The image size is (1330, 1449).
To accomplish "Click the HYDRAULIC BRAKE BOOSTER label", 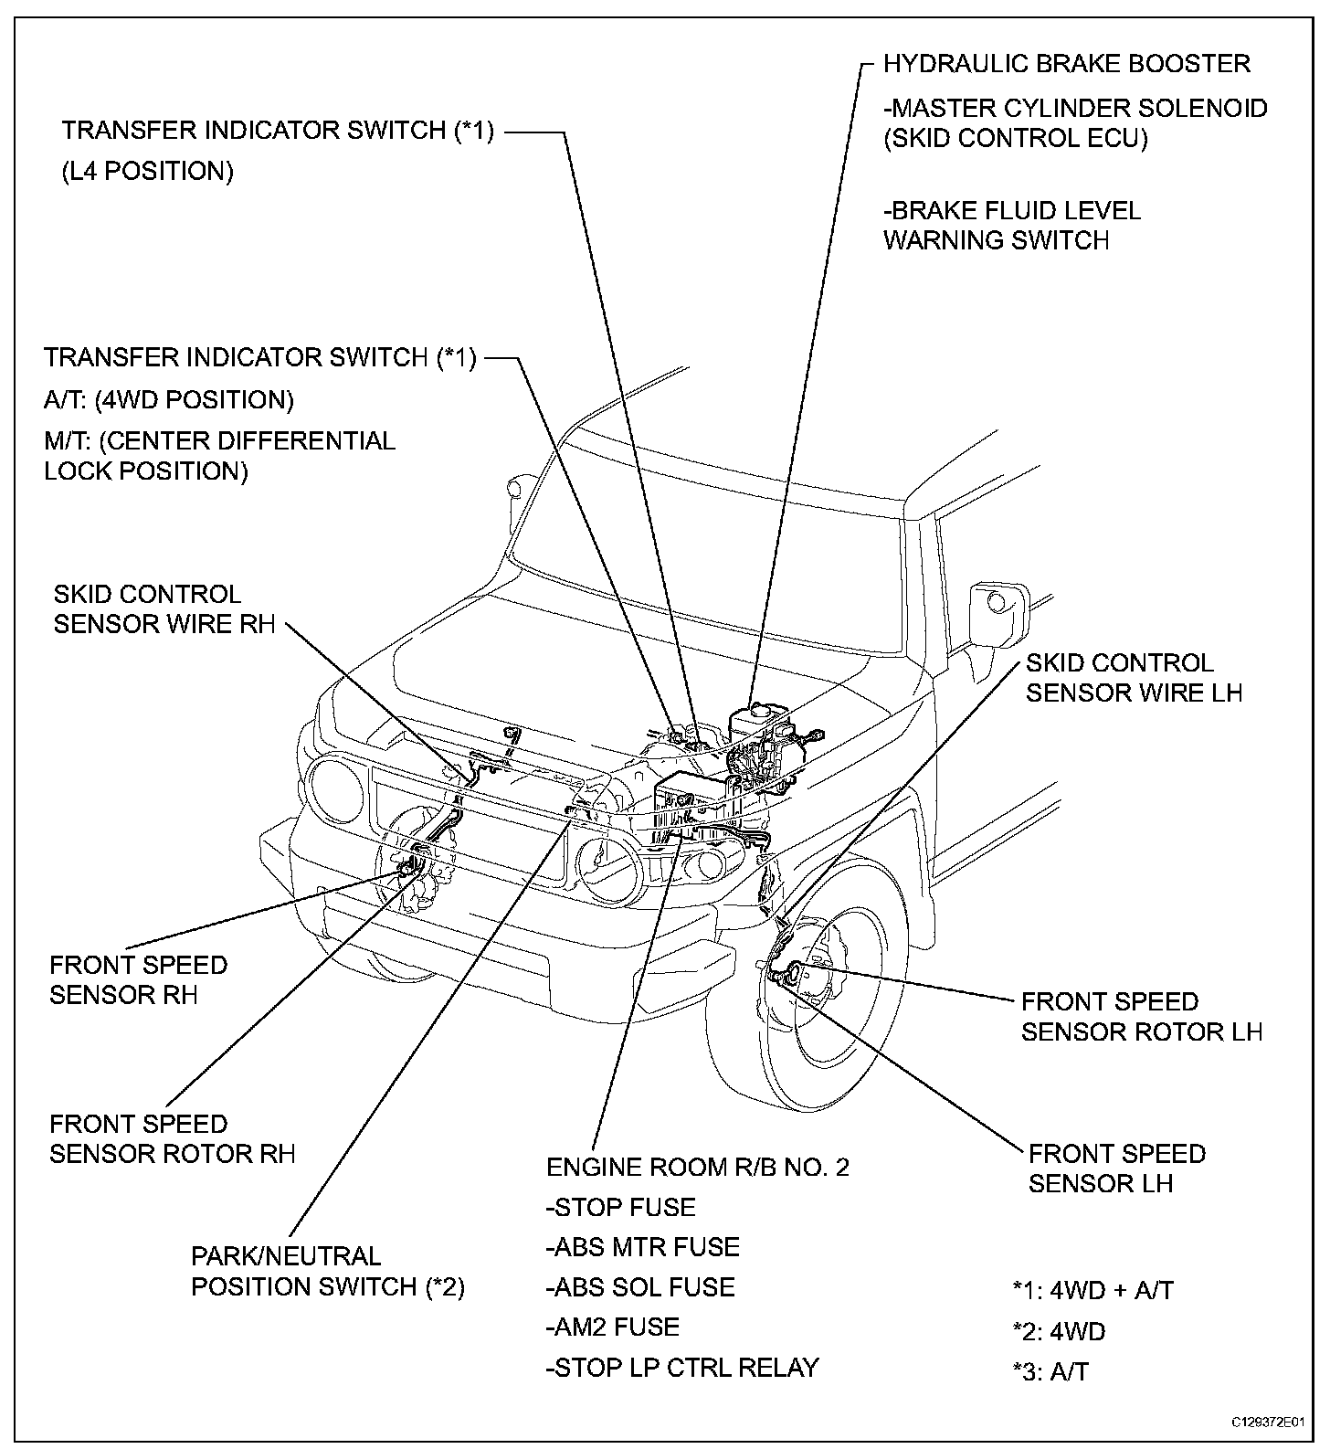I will (x=1066, y=64).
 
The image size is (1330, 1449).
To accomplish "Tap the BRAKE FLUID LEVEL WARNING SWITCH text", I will (x=1011, y=226).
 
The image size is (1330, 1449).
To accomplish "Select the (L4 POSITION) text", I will (x=147, y=171).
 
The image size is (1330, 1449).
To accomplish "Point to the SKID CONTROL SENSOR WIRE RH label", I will (x=164, y=610).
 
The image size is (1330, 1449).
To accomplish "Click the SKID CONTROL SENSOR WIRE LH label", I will (x=1133, y=678).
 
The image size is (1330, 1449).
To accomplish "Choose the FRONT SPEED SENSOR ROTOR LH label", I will (x=1141, y=1017).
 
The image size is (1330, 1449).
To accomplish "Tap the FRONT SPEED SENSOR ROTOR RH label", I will (x=172, y=1138).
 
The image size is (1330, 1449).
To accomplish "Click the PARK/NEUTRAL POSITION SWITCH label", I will (x=327, y=1272).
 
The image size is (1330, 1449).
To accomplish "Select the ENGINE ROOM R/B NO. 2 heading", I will (x=697, y=1168).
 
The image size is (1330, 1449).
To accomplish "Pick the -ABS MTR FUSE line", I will (x=642, y=1247).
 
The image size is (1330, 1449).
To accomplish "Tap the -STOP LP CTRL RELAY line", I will (x=681, y=1368).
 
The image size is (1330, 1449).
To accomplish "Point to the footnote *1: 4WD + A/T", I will (x=1092, y=1291).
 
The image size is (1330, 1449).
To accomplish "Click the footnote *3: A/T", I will (x=1050, y=1371).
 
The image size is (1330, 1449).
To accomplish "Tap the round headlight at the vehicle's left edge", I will (x=332, y=788).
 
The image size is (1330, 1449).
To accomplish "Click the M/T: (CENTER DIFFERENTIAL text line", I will (x=219, y=440).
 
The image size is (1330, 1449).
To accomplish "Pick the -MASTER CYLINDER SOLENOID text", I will (x=1075, y=109).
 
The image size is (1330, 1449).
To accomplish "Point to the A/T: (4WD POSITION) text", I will (x=169, y=400).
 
